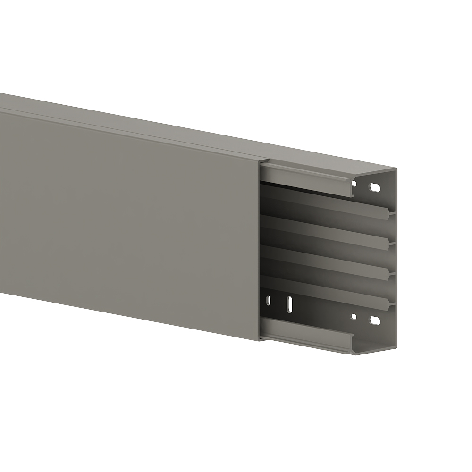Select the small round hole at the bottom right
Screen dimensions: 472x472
pyautogui.click(x=353, y=317)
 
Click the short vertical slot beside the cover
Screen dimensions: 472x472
pyautogui.click(x=269, y=300)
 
